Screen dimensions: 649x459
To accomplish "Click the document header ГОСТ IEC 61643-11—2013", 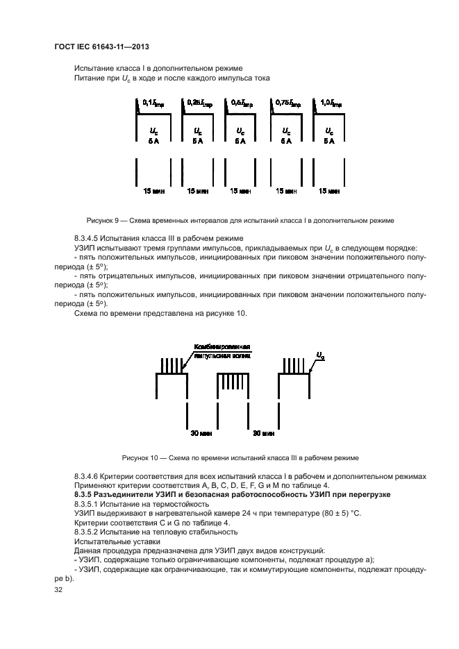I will click(101, 47).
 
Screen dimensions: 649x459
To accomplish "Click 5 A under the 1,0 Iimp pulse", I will click(328, 140).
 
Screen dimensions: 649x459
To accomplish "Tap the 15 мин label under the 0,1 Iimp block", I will click(151, 189).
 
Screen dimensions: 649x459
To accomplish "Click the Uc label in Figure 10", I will click(319, 355).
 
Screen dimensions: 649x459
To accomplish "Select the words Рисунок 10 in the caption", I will click(141, 457).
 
